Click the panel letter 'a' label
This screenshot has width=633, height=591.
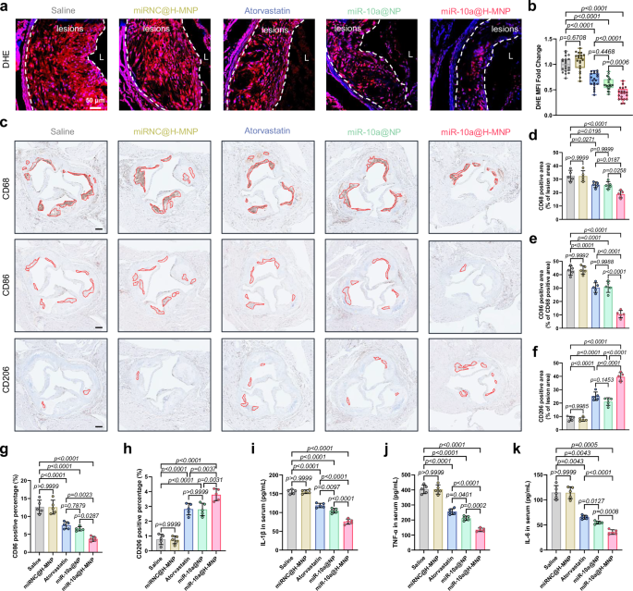coord(6,7)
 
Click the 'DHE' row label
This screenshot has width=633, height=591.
coord(13,65)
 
